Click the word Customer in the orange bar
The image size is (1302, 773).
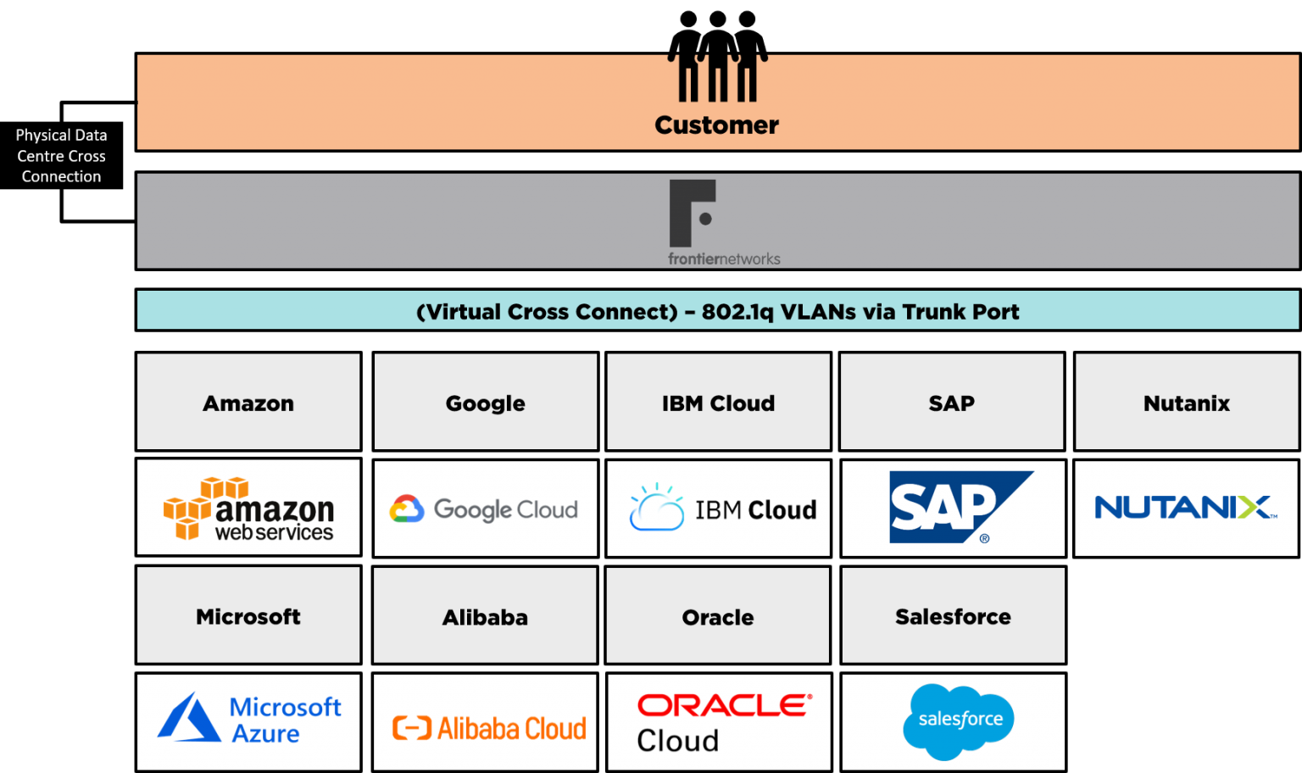pos(716,125)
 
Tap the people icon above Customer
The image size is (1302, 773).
pos(717,78)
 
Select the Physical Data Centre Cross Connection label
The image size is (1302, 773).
pos(61,156)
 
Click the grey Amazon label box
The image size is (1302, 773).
pos(248,403)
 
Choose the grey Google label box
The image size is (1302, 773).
pos(485,403)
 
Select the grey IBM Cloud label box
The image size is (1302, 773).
pos(718,403)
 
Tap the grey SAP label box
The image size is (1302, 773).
pos(951,403)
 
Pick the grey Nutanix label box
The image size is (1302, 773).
pos(1186,403)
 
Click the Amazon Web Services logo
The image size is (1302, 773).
pos(248,509)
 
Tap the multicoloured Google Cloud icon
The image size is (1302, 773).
pos(407,509)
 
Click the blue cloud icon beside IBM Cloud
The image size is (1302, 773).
pos(656,509)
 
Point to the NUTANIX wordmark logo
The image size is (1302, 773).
pos(1185,508)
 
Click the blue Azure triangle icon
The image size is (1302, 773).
pos(188,719)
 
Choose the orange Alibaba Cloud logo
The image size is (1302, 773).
pos(489,728)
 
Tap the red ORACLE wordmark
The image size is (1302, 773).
pos(725,705)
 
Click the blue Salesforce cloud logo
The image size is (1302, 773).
pos(959,720)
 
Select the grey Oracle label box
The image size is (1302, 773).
pos(718,616)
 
